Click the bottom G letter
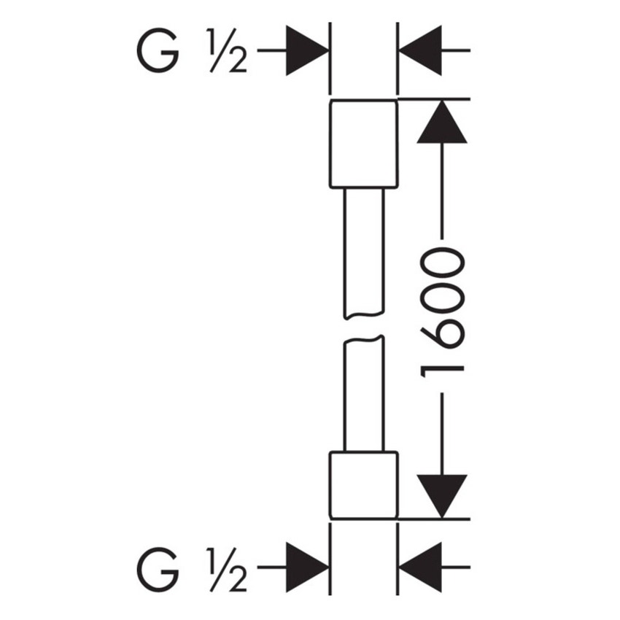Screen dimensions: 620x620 click(x=157, y=569)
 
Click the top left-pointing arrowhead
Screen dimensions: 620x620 click(x=422, y=50)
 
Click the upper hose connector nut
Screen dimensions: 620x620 click(x=363, y=144)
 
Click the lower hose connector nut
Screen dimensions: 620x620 click(x=363, y=484)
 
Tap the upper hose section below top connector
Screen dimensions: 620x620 click(x=363, y=252)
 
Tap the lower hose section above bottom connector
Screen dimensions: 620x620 click(x=363, y=394)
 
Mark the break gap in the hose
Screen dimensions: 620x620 click(x=363, y=328)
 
